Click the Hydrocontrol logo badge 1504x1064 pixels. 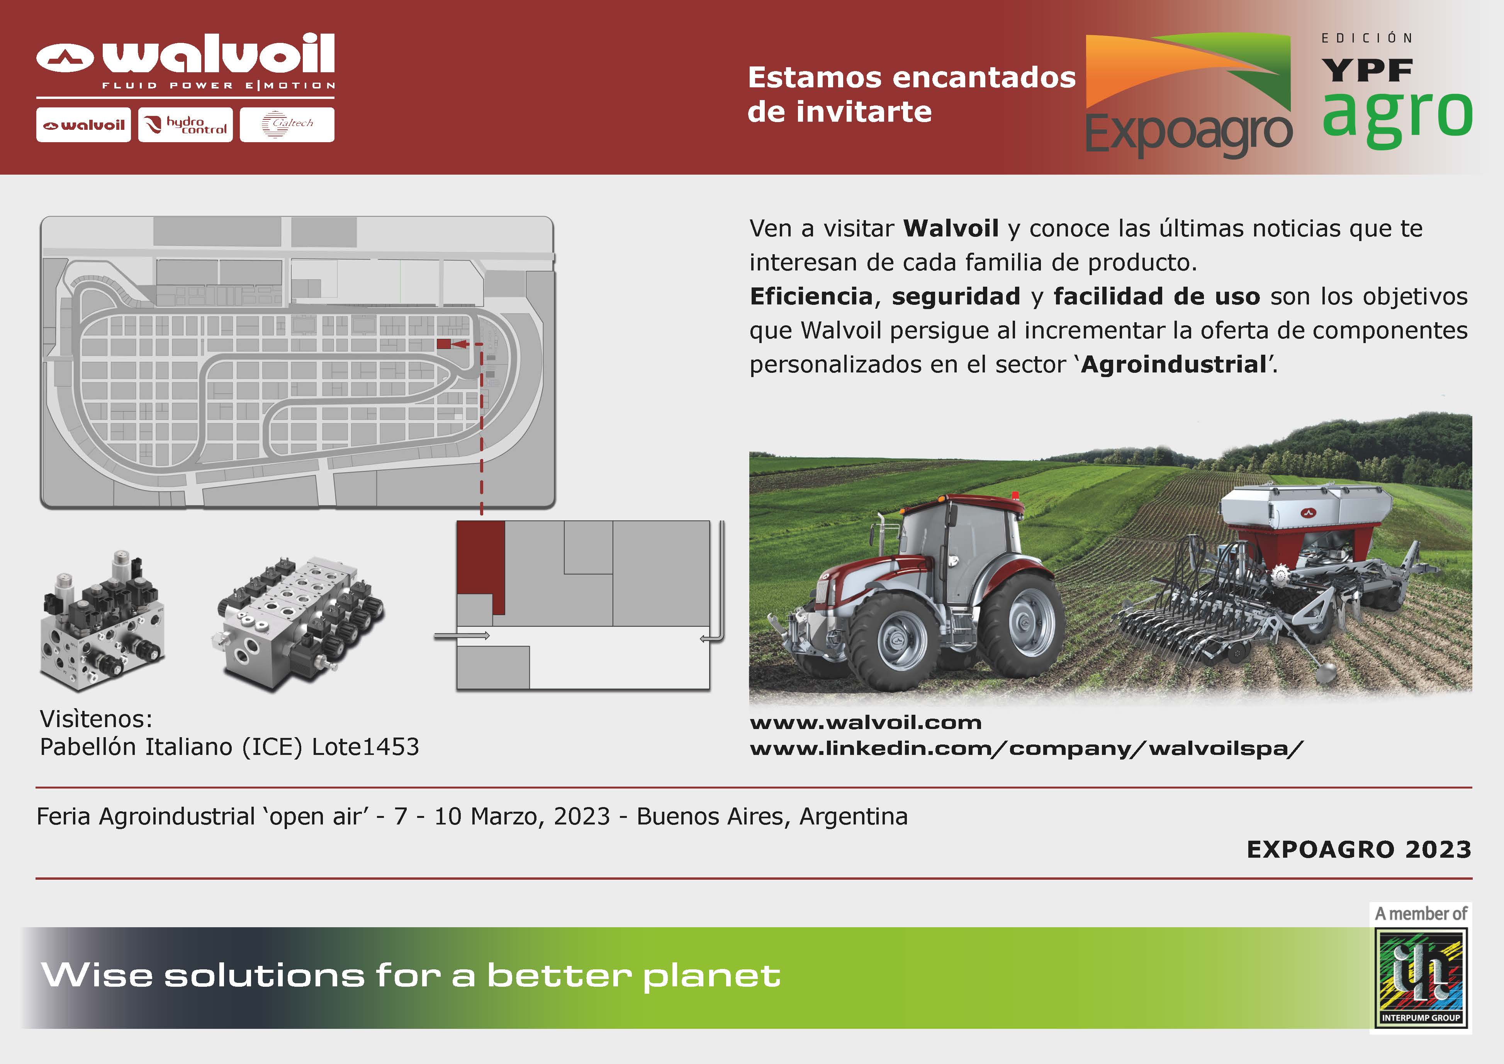[x=185, y=124]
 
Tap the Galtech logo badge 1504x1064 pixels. [x=287, y=124]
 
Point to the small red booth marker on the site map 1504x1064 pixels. [x=443, y=344]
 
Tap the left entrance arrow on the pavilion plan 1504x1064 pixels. [x=462, y=636]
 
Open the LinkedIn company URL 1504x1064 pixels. [x=1027, y=749]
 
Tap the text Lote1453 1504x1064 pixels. [x=365, y=747]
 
